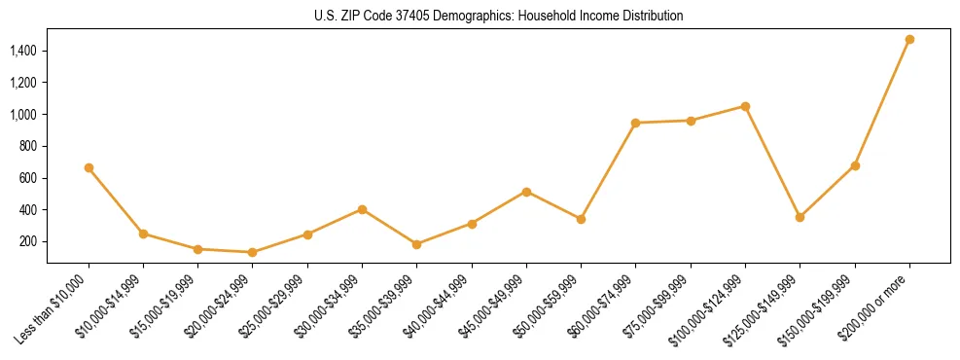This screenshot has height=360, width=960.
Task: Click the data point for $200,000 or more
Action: pyautogui.click(x=909, y=40)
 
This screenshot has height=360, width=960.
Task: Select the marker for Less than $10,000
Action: pyautogui.click(x=89, y=167)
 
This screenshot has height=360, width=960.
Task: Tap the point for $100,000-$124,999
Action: pyautogui.click(x=745, y=106)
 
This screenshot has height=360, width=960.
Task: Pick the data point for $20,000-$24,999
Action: pyautogui.click(x=253, y=252)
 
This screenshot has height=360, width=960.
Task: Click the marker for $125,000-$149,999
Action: pyautogui.click(x=800, y=217)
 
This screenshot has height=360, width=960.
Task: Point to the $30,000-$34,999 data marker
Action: pyautogui.click(x=362, y=209)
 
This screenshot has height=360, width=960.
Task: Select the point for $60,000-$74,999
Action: pyautogui.click(x=635, y=123)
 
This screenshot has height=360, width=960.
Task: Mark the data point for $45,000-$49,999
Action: pyautogui.click(x=526, y=192)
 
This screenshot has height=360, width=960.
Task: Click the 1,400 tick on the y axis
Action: pyautogui.click(x=23, y=51)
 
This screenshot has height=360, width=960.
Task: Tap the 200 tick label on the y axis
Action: pyautogui.click(x=28, y=241)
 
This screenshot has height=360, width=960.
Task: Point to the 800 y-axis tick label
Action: pyautogui.click(x=28, y=146)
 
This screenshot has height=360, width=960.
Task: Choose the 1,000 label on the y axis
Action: pyautogui.click(x=23, y=114)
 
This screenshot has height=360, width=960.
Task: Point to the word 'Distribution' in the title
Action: pyautogui.click(x=651, y=16)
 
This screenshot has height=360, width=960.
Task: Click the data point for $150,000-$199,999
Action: pyautogui.click(x=855, y=165)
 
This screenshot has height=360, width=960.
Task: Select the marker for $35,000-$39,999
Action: pyautogui.click(x=416, y=244)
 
